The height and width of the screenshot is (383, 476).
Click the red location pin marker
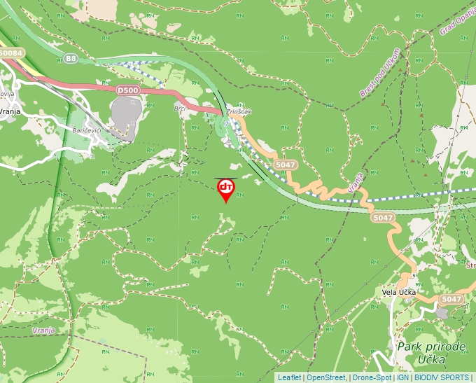[226, 189]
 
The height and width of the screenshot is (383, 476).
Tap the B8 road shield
[71, 59]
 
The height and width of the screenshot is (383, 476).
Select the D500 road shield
[127, 90]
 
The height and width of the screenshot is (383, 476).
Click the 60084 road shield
[11, 53]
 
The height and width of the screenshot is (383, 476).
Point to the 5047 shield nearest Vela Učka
[451, 300]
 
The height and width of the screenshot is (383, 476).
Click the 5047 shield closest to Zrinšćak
[286, 165]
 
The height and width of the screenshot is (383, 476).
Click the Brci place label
[180, 109]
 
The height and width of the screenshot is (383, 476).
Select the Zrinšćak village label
[239, 111]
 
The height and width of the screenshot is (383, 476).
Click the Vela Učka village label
[399, 292]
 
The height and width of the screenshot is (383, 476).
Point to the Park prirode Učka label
[431, 352]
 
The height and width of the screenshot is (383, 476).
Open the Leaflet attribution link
[289, 377]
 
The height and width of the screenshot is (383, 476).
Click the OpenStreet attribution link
[327, 377]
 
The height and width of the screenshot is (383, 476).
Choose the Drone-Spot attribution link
[372, 377]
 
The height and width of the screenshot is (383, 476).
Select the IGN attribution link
[403, 377]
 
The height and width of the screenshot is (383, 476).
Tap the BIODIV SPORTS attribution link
[442, 377]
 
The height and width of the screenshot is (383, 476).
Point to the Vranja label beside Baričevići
[10, 111]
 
